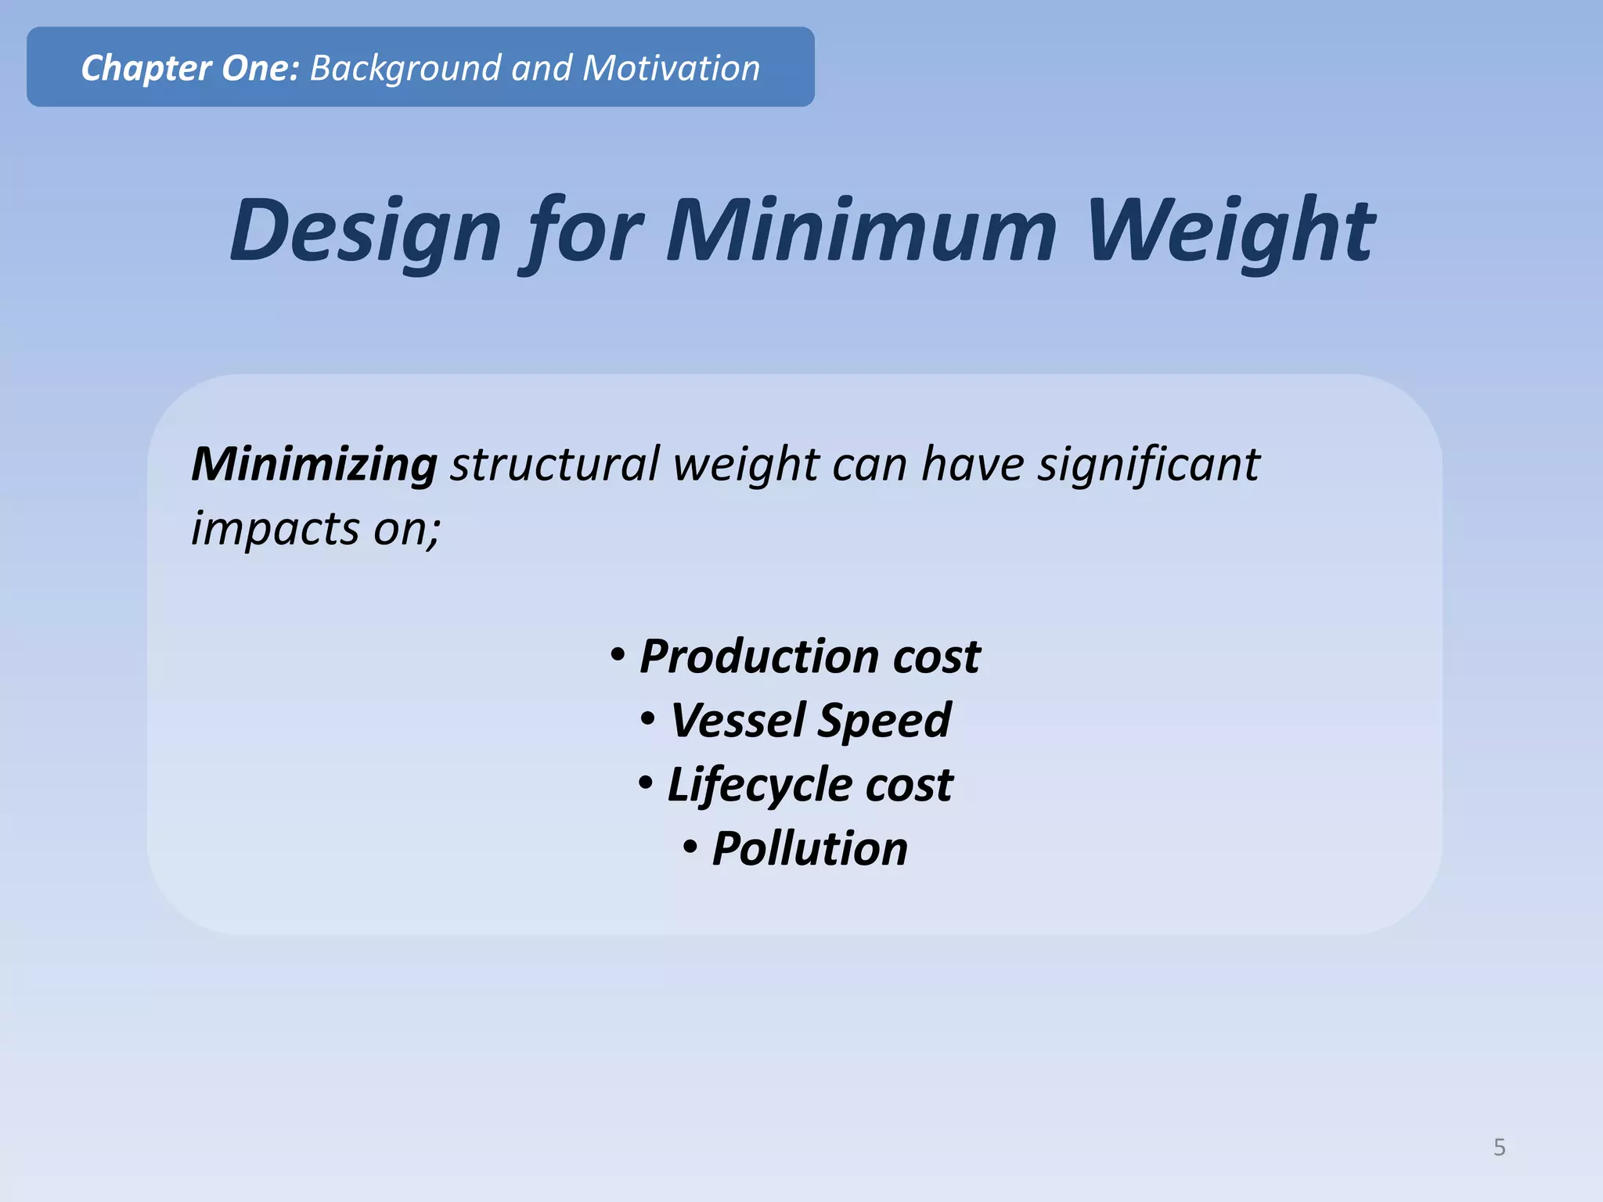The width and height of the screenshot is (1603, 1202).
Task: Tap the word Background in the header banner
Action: (405, 69)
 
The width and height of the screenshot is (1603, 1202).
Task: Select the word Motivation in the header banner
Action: (671, 68)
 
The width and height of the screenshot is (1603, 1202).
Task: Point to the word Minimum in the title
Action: (861, 230)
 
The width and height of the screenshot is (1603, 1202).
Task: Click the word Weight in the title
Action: (1230, 232)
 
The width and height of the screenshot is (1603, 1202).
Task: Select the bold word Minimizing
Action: (314, 465)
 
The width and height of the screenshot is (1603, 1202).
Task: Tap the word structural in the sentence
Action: (555, 464)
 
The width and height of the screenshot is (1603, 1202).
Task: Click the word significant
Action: (1148, 465)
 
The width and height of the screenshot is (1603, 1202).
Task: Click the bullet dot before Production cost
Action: (618, 654)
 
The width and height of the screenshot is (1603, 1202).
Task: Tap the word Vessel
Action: (737, 720)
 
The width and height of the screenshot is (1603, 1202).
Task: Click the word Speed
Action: (884, 721)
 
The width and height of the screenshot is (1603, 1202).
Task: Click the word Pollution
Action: (809, 848)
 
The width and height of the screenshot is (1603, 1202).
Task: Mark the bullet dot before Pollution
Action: (690, 847)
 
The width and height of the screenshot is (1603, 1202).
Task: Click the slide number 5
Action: (1499, 1147)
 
